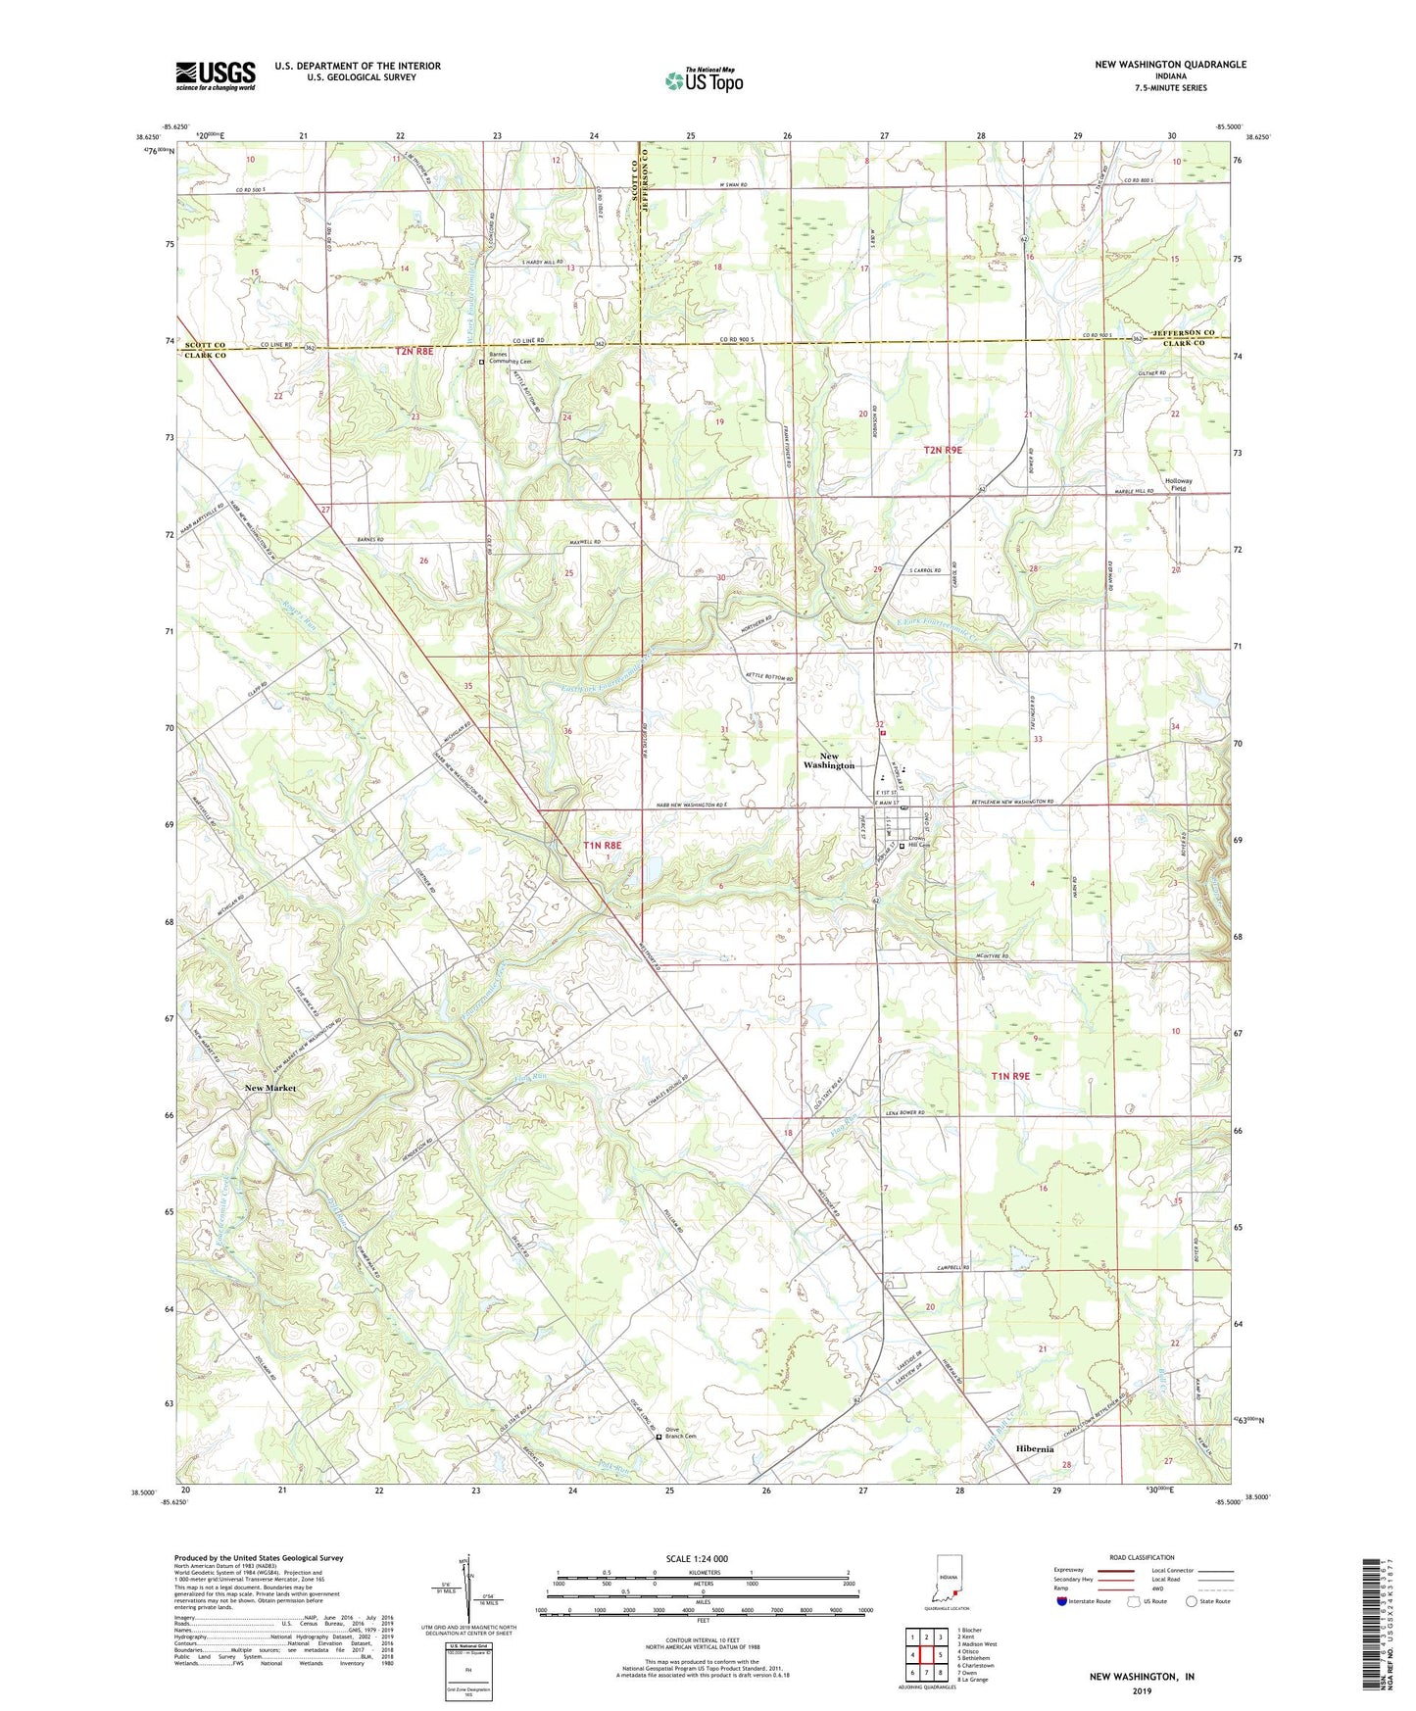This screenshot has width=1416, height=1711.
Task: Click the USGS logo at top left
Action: (216, 75)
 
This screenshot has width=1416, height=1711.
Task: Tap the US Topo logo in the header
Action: (704, 80)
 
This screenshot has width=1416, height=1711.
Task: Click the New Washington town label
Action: (829, 760)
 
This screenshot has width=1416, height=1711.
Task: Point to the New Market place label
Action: (269, 1088)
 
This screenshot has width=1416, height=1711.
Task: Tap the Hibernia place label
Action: (1035, 1448)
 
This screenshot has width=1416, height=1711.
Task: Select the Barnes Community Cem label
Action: (508, 361)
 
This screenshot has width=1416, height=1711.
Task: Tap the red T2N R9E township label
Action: (943, 450)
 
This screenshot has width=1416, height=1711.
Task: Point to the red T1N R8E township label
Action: (602, 844)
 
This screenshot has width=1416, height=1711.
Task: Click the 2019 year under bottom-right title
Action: (1142, 1690)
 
